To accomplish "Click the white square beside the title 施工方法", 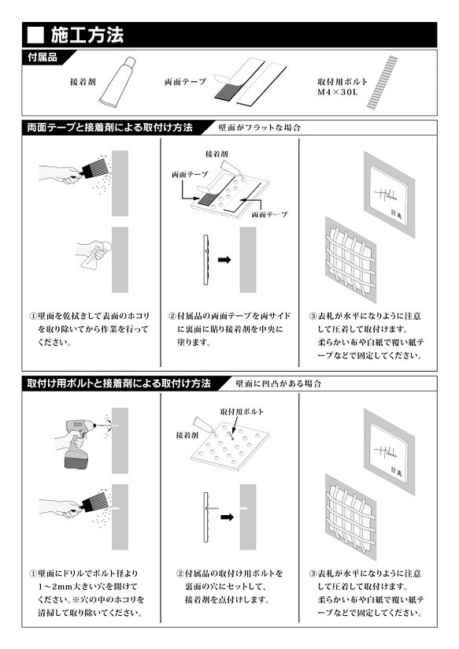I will tap(35, 35).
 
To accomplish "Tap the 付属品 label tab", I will tap(42, 57).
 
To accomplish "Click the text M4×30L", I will tap(337, 92).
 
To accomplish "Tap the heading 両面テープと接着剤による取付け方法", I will tap(109, 127).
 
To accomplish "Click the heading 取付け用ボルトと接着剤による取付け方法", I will tap(119, 384).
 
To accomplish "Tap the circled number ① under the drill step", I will tap(34, 574).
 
